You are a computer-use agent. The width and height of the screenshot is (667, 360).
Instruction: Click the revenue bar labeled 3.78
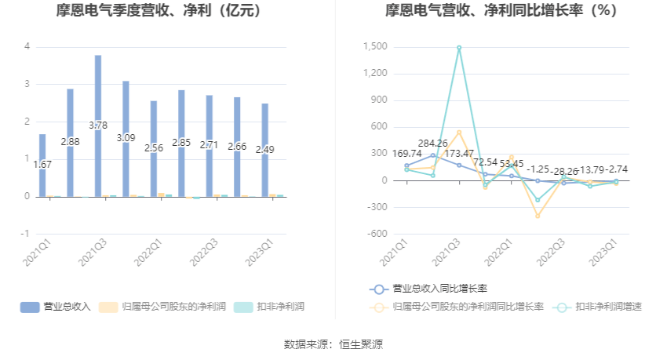(x=98, y=125)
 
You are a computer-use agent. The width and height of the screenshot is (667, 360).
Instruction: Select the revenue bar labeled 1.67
(x=42, y=165)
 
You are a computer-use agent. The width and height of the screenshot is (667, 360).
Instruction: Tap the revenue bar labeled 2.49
(x=265, y=149)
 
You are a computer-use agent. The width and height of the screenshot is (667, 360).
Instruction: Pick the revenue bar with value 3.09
(x=126, y=138)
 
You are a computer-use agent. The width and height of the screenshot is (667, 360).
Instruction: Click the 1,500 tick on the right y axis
(x=376, y=47)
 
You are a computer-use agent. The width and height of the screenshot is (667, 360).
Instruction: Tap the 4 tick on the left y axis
(x=27, y=47)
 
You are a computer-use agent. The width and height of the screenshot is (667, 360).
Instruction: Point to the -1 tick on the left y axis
(x=26, y=234)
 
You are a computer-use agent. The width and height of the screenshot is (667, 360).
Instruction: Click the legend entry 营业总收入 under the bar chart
(x=57, y=307)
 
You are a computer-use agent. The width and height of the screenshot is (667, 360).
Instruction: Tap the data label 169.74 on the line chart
(x=407, y=154)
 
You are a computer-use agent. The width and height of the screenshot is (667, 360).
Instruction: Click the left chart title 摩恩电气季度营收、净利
(x=158, y=11)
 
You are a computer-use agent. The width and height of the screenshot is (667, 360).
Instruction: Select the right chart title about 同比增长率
(x=501, y=11)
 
